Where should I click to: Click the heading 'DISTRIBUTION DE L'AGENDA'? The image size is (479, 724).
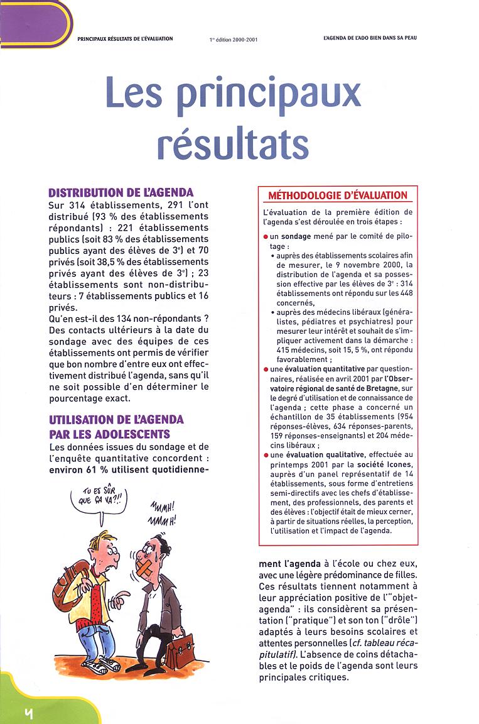pos(121,192)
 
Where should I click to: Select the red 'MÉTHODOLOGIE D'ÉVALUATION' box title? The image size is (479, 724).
pos(338,195)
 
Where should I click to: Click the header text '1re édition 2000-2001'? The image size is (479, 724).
pos(233,39)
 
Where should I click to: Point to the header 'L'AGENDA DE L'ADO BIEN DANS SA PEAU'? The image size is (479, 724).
pos(366,38)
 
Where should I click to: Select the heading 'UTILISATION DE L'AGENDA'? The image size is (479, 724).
pos(116,419)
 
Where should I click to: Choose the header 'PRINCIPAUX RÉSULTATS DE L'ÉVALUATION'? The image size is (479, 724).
pos(125,38)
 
